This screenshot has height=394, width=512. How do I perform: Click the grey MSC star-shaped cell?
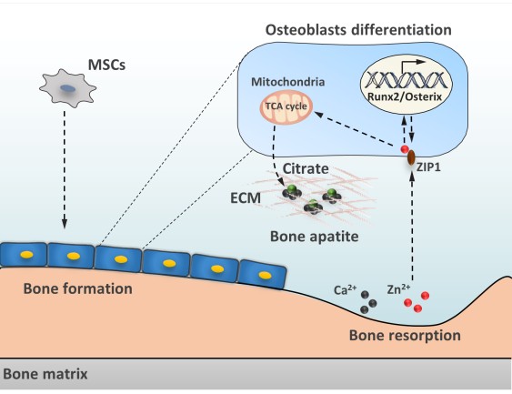[67, 88]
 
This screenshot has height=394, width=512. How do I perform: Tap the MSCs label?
[106, 65]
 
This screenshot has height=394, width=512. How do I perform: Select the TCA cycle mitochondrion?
[286, 106]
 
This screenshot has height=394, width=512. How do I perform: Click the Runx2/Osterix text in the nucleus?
[405, 96]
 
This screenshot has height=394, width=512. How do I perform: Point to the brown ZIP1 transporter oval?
[411, 157]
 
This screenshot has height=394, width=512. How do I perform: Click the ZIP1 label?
[428, 167]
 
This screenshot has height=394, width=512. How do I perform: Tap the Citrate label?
[306, 168]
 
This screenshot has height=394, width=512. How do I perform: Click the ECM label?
[246, 198]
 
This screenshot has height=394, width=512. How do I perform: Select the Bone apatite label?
[314, 237]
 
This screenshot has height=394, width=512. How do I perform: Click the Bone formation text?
[77, 288]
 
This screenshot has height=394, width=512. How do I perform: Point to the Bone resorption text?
[405, 335]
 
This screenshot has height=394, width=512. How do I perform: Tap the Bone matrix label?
[45, 374]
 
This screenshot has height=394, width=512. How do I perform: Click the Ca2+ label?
[346, 289]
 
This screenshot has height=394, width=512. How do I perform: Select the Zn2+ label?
[398, 289]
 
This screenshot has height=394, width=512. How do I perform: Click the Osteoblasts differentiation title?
[358, 30]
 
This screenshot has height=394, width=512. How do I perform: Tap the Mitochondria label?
[287, 82]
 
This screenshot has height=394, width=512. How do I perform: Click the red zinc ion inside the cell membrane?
[405, 149]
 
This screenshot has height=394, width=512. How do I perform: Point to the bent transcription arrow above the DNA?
[412, 66]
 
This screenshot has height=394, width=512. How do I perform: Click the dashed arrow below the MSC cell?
[65, 169]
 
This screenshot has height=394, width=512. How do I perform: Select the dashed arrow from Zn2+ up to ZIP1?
[412, 226]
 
